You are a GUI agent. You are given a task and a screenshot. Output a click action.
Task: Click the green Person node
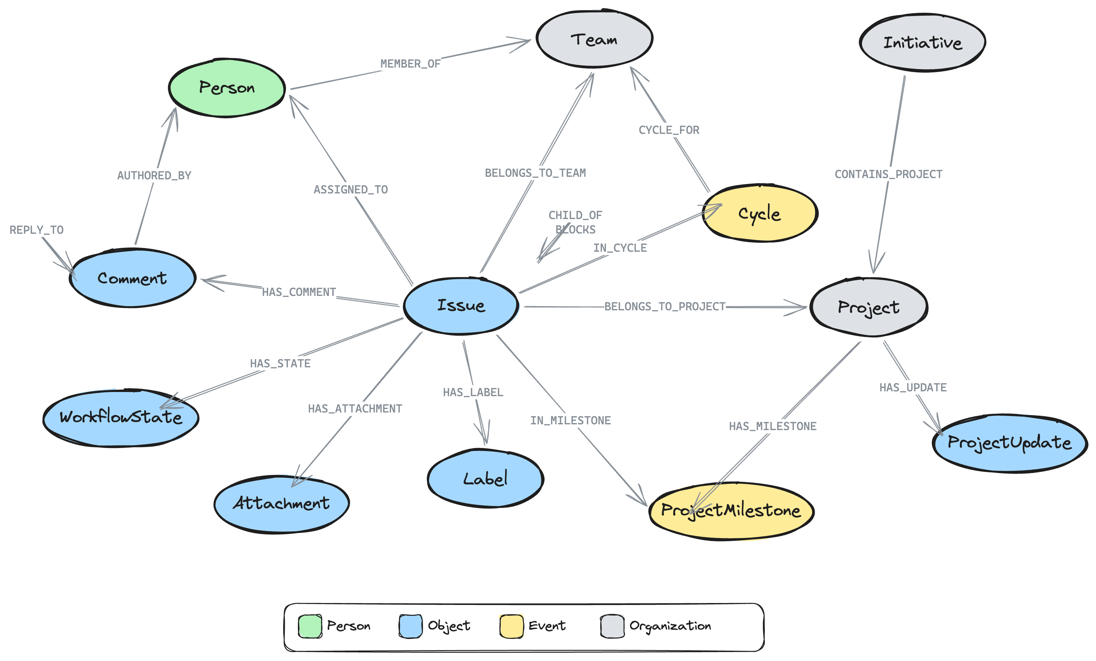[227, 88]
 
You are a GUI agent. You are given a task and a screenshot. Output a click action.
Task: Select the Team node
[594, 39]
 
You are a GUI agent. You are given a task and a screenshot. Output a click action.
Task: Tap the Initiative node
[922, 43]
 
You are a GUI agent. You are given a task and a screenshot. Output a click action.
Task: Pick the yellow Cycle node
[759, 213]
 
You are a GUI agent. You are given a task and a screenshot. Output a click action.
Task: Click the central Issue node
[461, 305]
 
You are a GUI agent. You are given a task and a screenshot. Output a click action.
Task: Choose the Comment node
[132, 278]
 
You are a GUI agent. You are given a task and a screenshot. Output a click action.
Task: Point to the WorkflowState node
[121, 417]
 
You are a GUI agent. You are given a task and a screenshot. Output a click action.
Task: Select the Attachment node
[281, 503]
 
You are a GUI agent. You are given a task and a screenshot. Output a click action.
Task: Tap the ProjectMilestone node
[731, 510]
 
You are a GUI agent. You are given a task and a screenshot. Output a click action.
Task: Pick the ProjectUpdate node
[1009, 443]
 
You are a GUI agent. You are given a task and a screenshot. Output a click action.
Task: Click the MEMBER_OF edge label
[410, 64]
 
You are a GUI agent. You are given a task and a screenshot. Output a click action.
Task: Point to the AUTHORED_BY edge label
[154, 175]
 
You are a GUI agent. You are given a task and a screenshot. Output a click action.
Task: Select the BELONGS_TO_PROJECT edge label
[665, 307]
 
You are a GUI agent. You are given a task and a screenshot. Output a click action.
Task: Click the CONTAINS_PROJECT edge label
[888, 174]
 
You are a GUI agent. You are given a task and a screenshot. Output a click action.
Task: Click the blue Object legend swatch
[410, 626]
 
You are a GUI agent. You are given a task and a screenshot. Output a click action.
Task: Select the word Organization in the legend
[670, 626]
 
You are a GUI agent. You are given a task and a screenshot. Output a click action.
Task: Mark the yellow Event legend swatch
[511, 626]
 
